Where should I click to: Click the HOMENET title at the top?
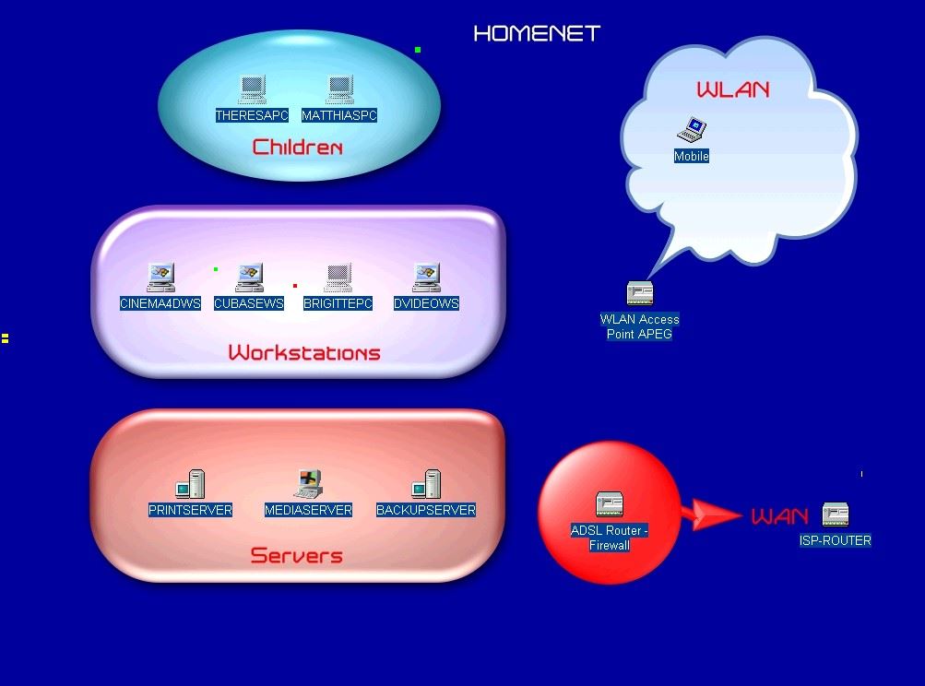pos(537,34)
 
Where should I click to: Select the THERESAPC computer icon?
pos(252,90)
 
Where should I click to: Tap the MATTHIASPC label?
pos(339,116)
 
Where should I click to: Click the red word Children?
pos(297,148)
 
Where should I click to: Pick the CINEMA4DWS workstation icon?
pos(160,278)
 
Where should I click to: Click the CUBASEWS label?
pos(249,303)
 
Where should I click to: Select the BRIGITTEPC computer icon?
pos(338,278)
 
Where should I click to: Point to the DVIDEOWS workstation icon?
pos(426,278)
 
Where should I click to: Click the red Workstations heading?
pos(304,353)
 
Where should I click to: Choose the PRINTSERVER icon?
pos(190,484)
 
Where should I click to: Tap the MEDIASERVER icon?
pos(308,484)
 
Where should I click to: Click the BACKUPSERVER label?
pos(426,510)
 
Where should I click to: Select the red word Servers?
pos(297,556)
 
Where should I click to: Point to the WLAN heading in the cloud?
pos(732,90)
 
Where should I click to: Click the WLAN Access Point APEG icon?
pos(640,294)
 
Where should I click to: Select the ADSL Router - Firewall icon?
pos(610,504)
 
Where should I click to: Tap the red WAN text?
pos(779,516)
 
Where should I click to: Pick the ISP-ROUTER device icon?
pos(836,515)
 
